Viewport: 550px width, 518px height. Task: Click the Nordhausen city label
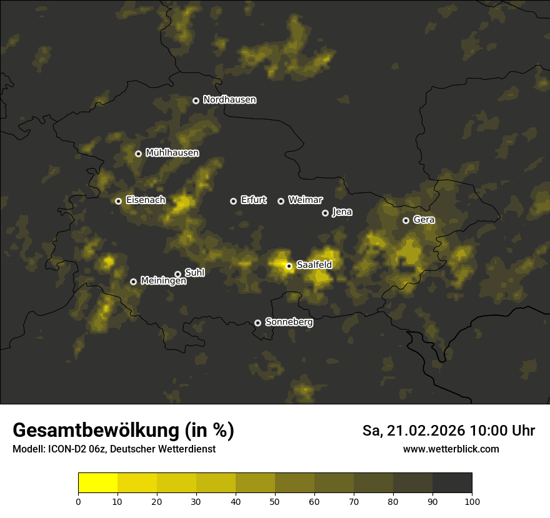coord(229,100)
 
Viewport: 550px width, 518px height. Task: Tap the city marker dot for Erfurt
coord(233,201)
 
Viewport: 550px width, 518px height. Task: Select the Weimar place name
coord(305,200)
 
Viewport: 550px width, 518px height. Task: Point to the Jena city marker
coord(325,213)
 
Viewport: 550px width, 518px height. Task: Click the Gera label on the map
coord(423,220)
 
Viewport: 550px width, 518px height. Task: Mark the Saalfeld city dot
coord(289,266)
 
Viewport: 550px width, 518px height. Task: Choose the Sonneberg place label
coord(289,323)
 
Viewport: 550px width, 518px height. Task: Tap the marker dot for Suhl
coord(177,274)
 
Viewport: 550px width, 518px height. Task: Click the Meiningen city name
coord(163,281)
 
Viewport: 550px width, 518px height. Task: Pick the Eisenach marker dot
coord(118,201)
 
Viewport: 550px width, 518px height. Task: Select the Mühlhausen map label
coord(172,153)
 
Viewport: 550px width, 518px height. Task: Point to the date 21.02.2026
coord(426,431)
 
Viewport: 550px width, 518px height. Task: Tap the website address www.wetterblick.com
coord(451,449)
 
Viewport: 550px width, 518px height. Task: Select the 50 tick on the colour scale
coord(275,501)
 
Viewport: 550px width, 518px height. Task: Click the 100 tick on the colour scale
coord(472,501)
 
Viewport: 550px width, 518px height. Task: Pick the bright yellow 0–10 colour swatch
coord(98,482)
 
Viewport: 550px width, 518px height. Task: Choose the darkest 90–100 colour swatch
coord(452,482)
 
